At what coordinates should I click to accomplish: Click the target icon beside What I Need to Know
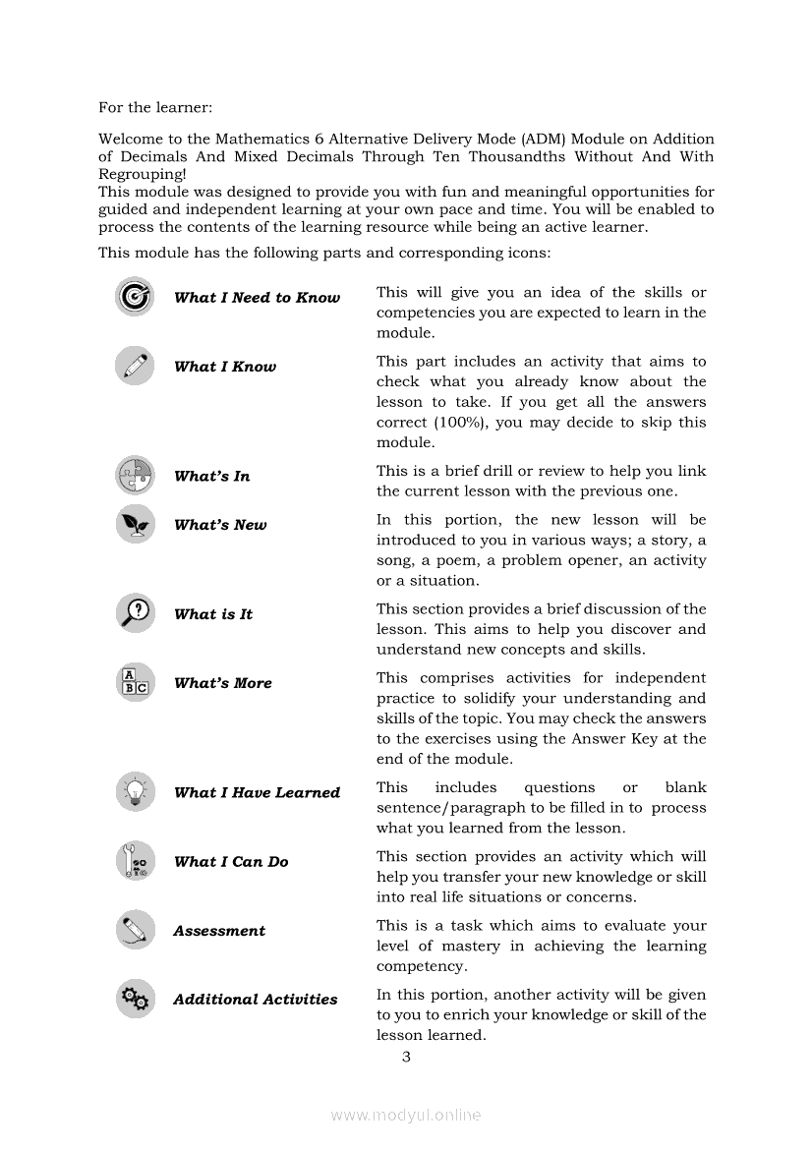(135, 297)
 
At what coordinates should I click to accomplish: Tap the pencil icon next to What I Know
(135, 366)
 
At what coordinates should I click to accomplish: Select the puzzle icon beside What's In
(135, 476)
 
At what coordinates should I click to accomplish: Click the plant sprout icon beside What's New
(135, 524)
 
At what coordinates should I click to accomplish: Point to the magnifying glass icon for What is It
(135, 613)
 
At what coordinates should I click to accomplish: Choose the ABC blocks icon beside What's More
(135, 682)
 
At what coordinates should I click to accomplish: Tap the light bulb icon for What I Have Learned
(135, 791)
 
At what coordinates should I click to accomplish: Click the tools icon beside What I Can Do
(135, 861)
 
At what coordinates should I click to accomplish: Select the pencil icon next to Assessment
(135, 930)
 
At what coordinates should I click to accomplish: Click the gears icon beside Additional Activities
(135, 1000)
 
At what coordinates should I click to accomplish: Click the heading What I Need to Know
(257, 298)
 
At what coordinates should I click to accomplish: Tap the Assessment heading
(219, 931)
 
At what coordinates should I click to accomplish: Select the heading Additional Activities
(255, 1000)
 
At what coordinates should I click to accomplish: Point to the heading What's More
(223, 683)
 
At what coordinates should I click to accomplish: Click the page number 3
(405, 1057)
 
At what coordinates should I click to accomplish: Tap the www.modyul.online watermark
(405, 1115)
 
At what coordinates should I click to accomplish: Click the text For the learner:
(155, 106)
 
